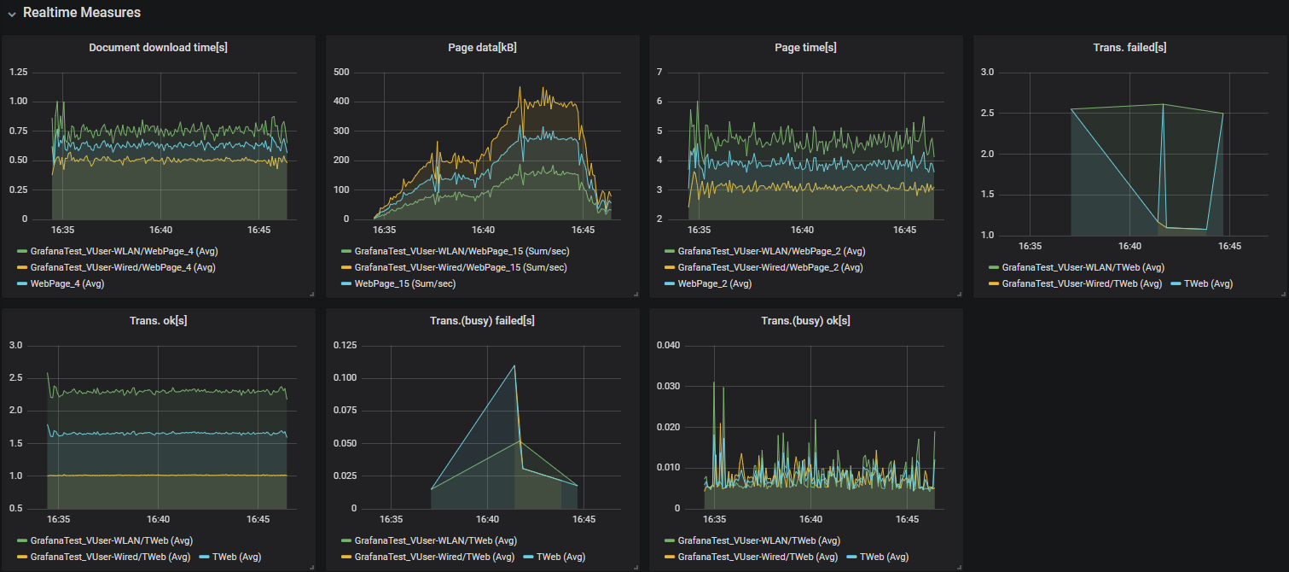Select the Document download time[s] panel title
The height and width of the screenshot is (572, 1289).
click(x=158, y=48)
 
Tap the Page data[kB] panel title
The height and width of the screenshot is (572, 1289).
click(x=482, y=48)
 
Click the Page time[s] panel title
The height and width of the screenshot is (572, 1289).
click(x=805, y=48)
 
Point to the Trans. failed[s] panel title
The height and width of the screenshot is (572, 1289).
click(x=1129, y=48)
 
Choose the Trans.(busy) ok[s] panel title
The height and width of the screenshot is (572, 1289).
click(x=805, y=321)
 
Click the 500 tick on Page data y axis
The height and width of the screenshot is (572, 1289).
click(x=342, y=72)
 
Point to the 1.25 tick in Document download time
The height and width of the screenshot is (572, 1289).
click(x=19, y=72)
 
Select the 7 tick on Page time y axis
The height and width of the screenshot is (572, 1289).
click(x=659, y=72)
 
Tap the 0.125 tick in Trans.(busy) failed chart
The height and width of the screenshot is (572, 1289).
click(x=345, y=345)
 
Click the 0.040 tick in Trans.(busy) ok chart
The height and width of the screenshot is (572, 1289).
click(x=668, y=345)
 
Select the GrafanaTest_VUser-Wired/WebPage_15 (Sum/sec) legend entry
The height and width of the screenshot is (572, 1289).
click(x=462, y=267)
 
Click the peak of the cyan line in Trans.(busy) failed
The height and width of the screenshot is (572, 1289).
click(x=514, y=365)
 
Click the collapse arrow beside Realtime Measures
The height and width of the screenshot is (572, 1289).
click(x=12, y=14)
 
